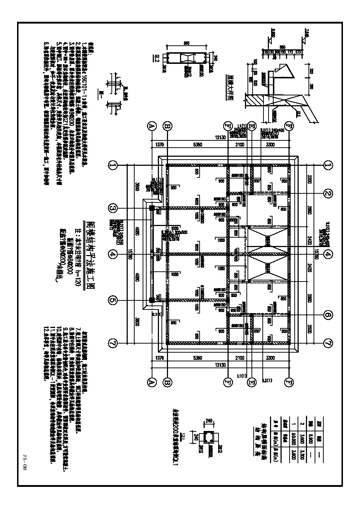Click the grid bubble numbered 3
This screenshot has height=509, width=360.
pos(113,208)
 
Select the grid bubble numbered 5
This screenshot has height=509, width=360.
pos(113,300)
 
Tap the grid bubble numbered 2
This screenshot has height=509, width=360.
pos(328,193)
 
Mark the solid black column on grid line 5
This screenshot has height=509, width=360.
pos(151,300)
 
